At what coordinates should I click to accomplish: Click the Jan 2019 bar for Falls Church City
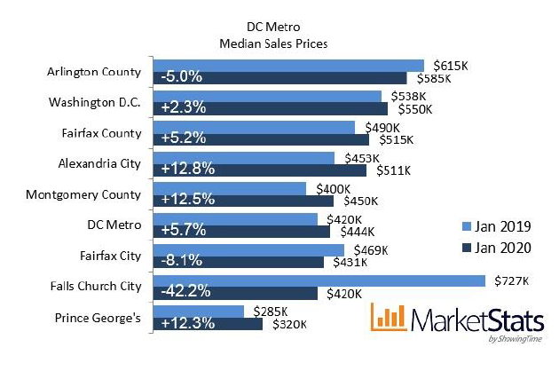coord(319,280)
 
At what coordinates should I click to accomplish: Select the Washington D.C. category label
coord(95,102)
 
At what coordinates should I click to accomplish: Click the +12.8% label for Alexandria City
coord(185,170)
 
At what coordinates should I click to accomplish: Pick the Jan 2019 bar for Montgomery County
coord(230,188)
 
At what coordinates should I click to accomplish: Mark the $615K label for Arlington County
coord(450,65)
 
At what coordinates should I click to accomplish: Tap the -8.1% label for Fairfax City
coord(181,262)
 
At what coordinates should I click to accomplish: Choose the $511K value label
coord(394,170)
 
